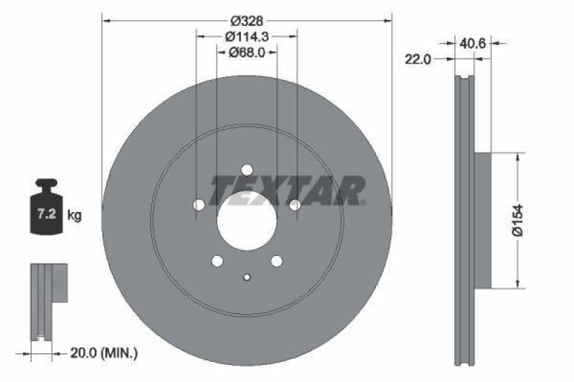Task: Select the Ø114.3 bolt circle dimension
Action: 247,36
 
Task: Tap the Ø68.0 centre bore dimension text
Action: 248,52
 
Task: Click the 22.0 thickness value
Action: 417,60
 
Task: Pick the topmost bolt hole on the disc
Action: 247,170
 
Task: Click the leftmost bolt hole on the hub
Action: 199,205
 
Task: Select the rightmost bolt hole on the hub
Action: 294,205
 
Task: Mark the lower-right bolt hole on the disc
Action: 276,262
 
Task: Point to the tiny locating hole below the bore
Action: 247,276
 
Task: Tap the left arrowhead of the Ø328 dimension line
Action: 106,20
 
